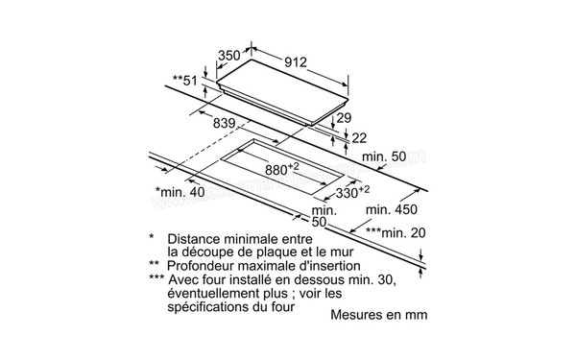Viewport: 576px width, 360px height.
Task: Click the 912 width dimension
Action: tap(295, 62)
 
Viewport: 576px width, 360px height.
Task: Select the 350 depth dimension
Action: tap(228, 56)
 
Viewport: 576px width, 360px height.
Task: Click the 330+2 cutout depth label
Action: tap(352, 192)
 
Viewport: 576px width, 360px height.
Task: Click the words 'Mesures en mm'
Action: tap(378, 314)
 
